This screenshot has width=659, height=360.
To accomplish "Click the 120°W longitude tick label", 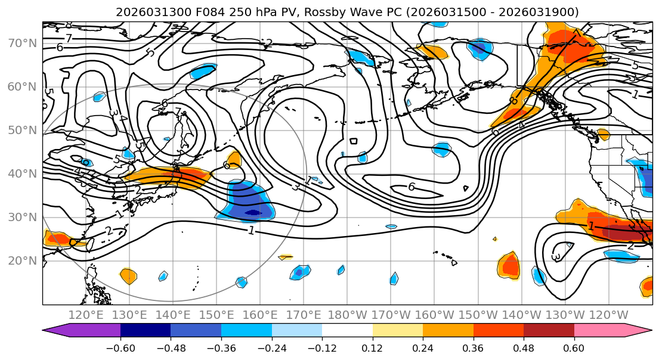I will [x=608, y=315].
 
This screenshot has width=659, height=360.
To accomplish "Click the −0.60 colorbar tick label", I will [x=120, y=347].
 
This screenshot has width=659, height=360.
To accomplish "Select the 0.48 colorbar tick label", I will [x=524, y=347].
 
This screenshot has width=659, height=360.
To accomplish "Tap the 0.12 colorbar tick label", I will [x=373, y=347].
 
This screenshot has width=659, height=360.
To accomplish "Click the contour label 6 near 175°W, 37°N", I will [x=412, y=187].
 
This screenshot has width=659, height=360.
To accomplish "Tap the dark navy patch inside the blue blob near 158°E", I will [x=253, y=212].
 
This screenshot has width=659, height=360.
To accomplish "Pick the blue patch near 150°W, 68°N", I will [x=479, y=47].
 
